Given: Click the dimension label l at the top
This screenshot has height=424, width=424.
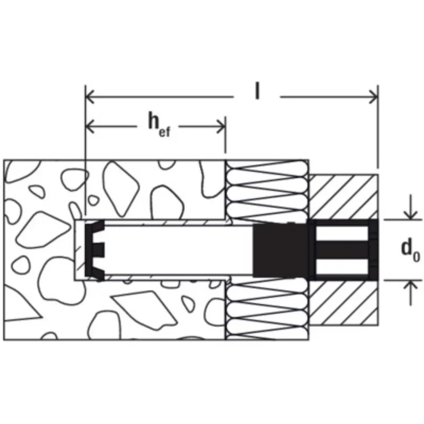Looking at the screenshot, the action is (x=257, y=91).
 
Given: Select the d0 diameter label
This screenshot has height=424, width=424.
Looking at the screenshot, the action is (x=410, y=251).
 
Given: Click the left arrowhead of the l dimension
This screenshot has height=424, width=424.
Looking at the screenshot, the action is (x=90, y=97).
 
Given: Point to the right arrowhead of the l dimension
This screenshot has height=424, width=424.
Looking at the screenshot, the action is (x=374, y=97).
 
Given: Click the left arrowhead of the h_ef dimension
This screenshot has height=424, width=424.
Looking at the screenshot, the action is (x=90, y=126).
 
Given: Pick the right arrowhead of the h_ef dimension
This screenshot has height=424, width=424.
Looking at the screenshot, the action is (x=221, y=126).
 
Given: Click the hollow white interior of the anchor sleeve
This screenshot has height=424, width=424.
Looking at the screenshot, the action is (x=179, y=250).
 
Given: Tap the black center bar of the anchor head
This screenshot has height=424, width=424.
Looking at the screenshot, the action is (x=343, y=250).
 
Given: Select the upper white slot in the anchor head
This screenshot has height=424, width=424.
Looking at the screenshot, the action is (x=342, y=234).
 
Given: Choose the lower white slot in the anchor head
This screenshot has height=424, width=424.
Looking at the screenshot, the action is (x=342, y=266).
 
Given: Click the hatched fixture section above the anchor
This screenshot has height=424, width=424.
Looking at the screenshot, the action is (x=343, y=197).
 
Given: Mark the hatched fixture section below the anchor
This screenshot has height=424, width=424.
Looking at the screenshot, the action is (x=343, y=303).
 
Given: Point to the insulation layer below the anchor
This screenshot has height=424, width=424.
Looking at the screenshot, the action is (x=267, y=310).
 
